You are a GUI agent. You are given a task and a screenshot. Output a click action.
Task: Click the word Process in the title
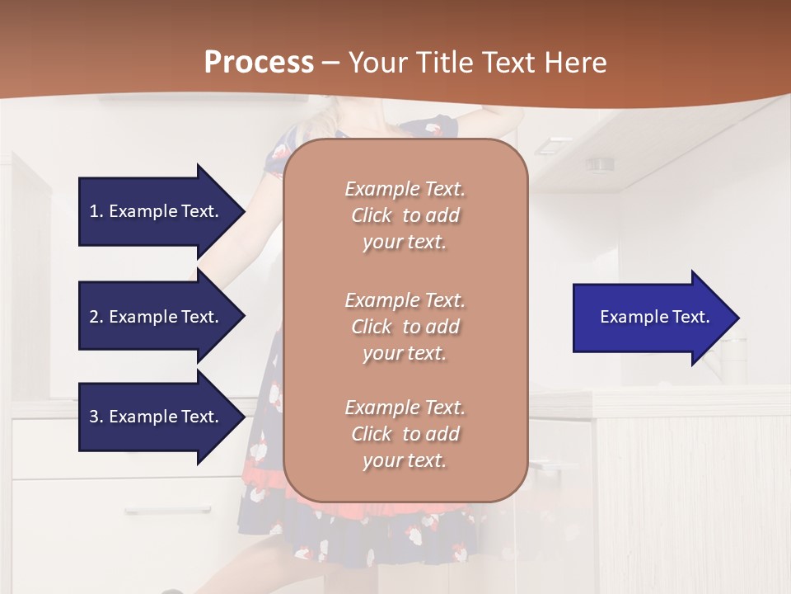click(259, 62)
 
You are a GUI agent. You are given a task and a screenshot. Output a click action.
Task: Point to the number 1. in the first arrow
click(96, 211)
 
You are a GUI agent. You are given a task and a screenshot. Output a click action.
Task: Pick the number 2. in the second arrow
click(96, 317)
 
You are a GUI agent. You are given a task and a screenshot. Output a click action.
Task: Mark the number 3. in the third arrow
click(96, 417)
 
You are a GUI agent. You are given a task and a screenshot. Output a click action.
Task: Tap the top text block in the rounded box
click(405, 215)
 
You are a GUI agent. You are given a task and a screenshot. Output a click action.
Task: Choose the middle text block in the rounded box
click(405, 327)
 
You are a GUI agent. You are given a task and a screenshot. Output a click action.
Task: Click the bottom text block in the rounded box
click(405, 434)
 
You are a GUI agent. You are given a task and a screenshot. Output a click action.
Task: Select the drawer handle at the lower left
click(168, 511)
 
